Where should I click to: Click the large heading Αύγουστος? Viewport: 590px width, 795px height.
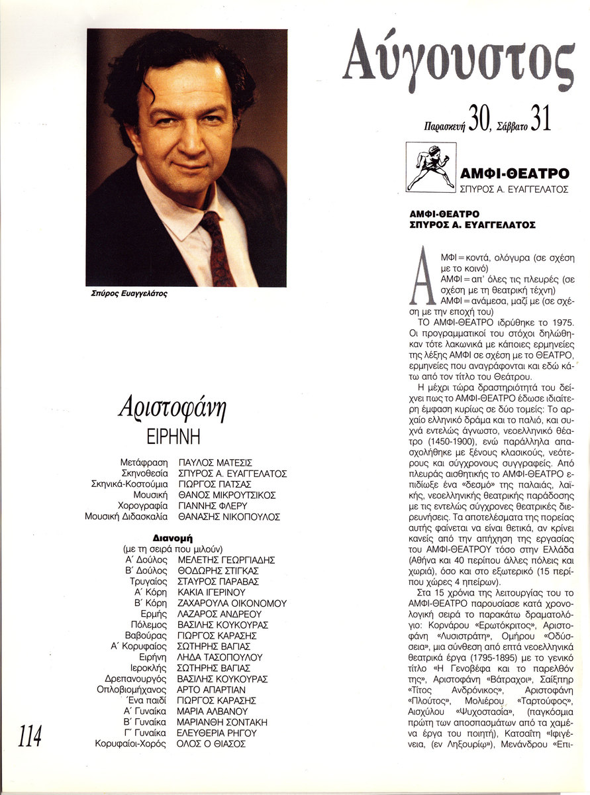[x=458, y=63]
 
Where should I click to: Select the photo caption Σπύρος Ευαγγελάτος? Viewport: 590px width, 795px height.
[x=125, y=295]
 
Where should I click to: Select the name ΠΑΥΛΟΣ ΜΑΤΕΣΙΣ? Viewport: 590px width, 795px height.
[x=216, y=462]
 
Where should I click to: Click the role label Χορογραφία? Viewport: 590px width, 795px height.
[x=144, y=505]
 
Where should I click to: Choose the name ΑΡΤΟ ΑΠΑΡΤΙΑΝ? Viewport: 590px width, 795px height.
[x=213, y=690]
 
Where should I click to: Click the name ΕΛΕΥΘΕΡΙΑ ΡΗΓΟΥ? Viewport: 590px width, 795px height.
[x=217, y=733]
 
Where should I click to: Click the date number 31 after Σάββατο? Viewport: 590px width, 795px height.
[x=540, y=119]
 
